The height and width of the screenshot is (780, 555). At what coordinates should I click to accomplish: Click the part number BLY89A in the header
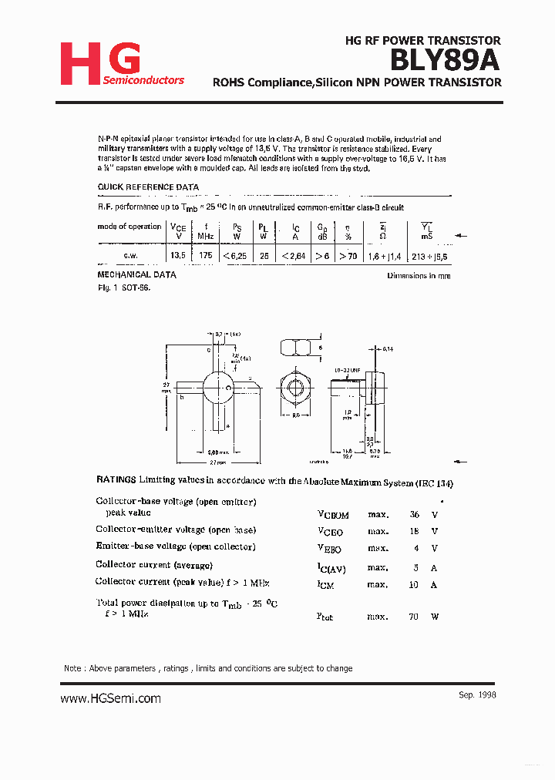pos(445,59)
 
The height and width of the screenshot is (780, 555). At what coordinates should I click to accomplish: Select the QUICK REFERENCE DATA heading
pos(148,187)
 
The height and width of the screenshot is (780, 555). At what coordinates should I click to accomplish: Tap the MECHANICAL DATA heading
pos(136,274)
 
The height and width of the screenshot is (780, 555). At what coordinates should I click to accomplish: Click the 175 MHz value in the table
pos(205,255)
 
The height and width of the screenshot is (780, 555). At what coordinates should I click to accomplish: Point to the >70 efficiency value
pos(348,255)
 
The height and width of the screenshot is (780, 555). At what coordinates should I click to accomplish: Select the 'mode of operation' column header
pos(129,227)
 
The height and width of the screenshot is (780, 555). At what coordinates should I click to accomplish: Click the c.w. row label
pos(131,255)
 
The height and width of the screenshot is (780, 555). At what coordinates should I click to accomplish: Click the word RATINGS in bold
pos(116,479)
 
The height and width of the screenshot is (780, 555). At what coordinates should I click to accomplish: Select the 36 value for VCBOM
pos(414,514)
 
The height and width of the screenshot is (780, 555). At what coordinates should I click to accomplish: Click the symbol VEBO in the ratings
pos(330,550)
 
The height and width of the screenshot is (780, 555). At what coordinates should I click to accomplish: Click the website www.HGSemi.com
pos(110,698)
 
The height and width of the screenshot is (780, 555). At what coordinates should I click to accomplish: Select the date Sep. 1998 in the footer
pos(477,694)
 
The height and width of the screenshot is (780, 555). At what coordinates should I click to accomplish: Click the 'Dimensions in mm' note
pos(419,276)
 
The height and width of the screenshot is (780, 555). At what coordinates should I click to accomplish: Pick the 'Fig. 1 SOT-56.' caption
pos(123,287)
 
